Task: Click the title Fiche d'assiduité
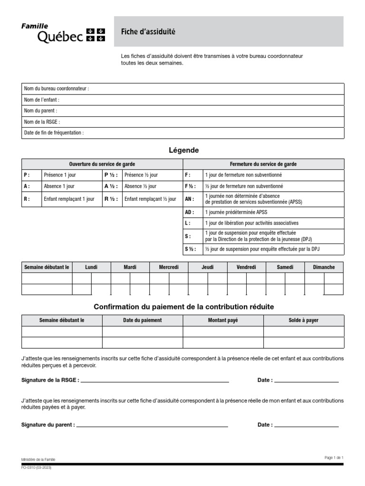[148, 32]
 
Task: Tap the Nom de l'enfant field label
[42, 100]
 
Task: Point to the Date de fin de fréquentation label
[54, 133]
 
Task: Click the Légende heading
[183, 150]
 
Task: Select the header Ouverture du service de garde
[102, 164]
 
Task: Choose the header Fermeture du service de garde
[263, 164]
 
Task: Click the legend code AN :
[189, 199]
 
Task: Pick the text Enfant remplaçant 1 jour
[69, 199]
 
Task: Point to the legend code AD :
[189, 212]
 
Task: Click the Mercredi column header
[169, 268]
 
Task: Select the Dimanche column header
[324, 268]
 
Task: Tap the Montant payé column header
[223, 320]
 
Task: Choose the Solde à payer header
[303, 320]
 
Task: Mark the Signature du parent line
[153, 425]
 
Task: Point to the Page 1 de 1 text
[334, 458]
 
